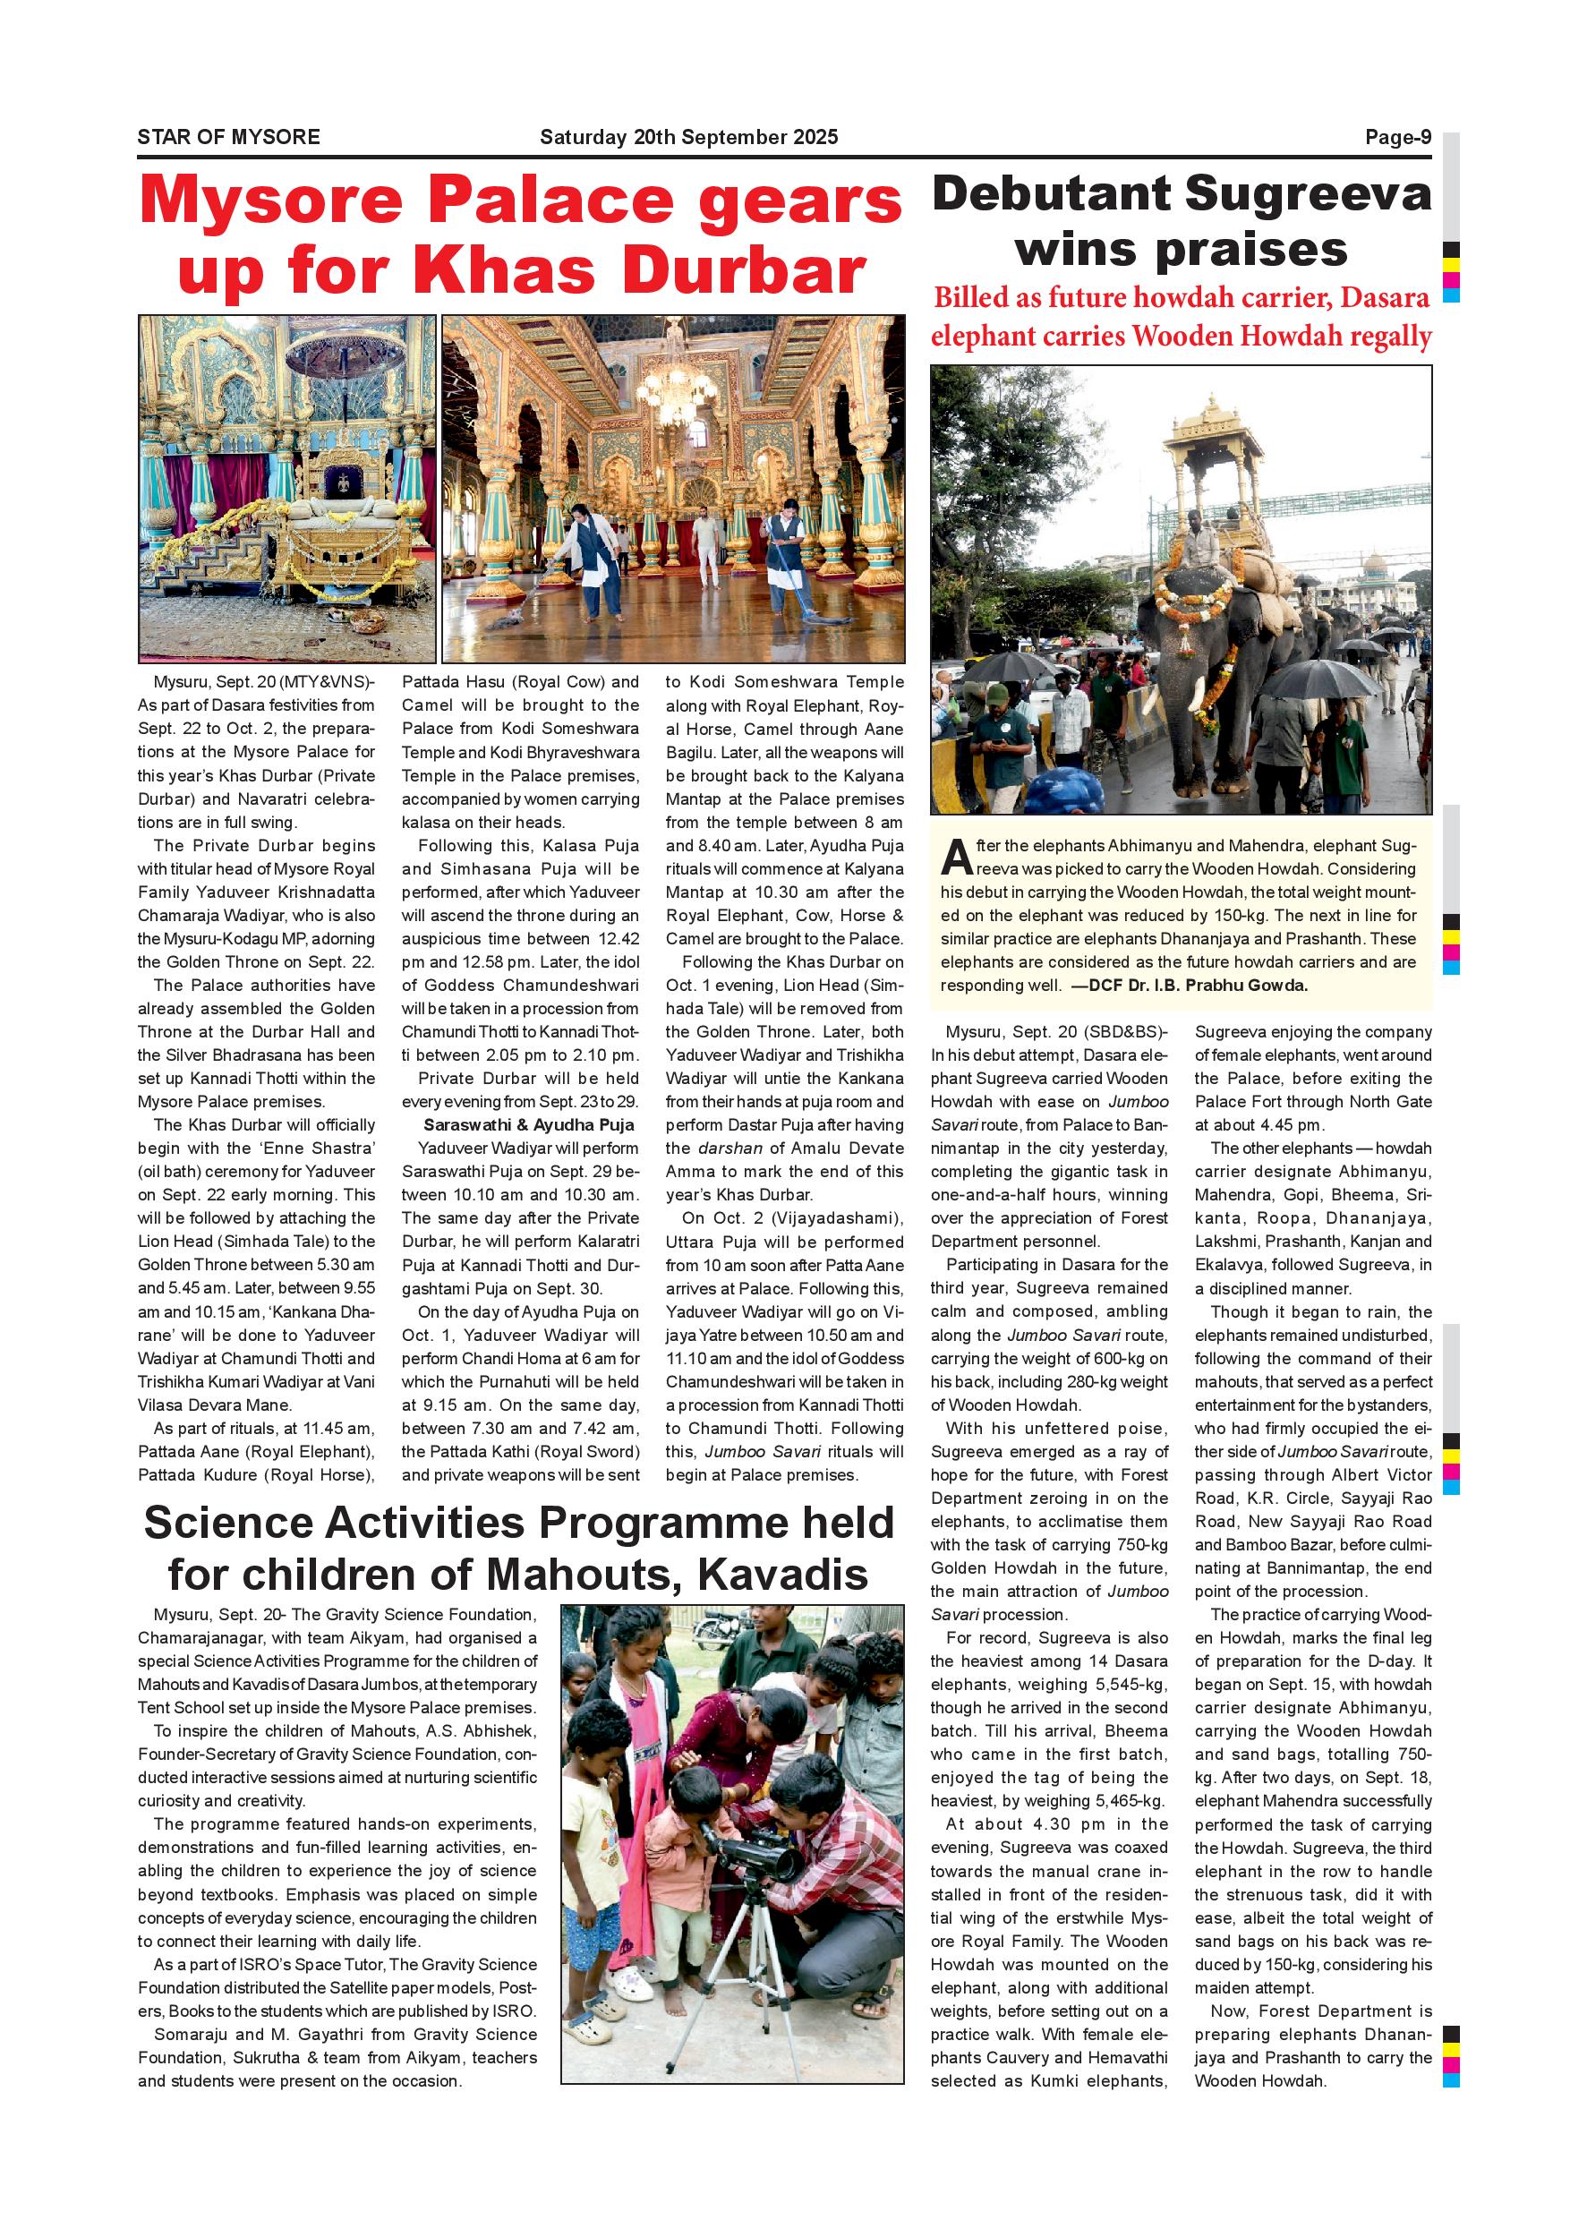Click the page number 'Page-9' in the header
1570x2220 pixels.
1397,137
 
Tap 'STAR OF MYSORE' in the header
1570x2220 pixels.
228,137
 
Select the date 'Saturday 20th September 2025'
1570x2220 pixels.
688,137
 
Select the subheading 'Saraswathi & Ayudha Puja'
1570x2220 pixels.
529,1124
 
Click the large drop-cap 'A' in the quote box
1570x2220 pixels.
955,856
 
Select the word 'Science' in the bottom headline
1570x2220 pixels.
227,1523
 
